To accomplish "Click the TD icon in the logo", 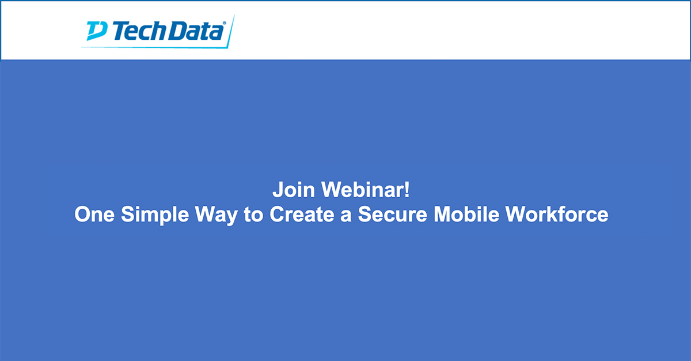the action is click(x=97, y=31).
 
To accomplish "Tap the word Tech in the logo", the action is click(x=139, y=31).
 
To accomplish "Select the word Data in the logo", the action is click(x=195, y=31).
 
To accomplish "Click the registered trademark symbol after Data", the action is click(x=224, y=23).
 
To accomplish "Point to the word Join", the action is click(x=294, y=189).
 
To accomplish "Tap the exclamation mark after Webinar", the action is click(x=407, y=189).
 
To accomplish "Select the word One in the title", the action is click(x=94, y=215).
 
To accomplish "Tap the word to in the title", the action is click(x=253, y=215).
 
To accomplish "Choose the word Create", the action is click(x=302, y=215).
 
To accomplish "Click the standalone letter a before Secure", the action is click(x=346, y=216).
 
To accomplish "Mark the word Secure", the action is click(x=392, y=215).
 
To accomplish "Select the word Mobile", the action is click(x=466, y=215).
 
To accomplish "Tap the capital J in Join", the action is click(x=278, y=190).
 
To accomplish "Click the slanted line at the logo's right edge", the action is click(x=231, y=32).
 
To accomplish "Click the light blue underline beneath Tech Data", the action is click(x=154, y=47).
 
